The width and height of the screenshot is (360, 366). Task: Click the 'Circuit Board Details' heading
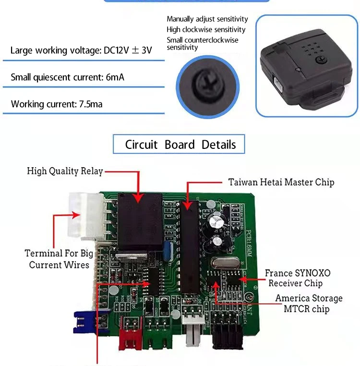point(180,145)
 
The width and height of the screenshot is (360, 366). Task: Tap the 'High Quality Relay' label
point(65,171)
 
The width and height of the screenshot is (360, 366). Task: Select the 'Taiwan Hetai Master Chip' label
point(281,183)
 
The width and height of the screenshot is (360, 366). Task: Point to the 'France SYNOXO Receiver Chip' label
point(297,278)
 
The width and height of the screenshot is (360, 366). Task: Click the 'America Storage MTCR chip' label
point(309,304)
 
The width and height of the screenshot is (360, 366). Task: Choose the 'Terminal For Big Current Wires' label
point(59,259)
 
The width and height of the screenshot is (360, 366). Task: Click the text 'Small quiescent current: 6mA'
point(67,77)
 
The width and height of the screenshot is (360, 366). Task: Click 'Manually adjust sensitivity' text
point(207,19)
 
